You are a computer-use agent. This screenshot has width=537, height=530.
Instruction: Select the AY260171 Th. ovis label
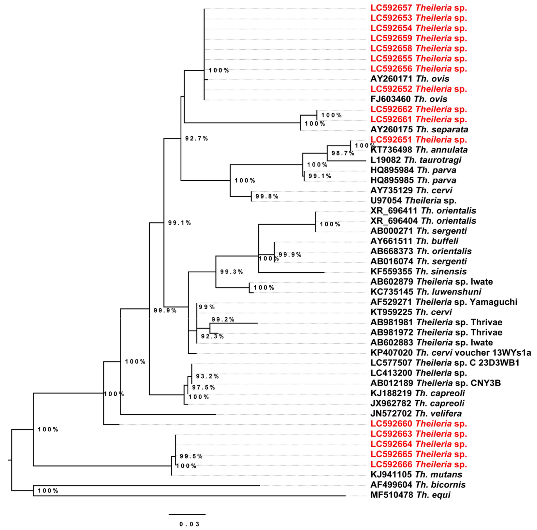[x=410, y=79]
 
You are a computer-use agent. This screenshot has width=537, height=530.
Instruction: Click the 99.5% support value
[x=191, y=456]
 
